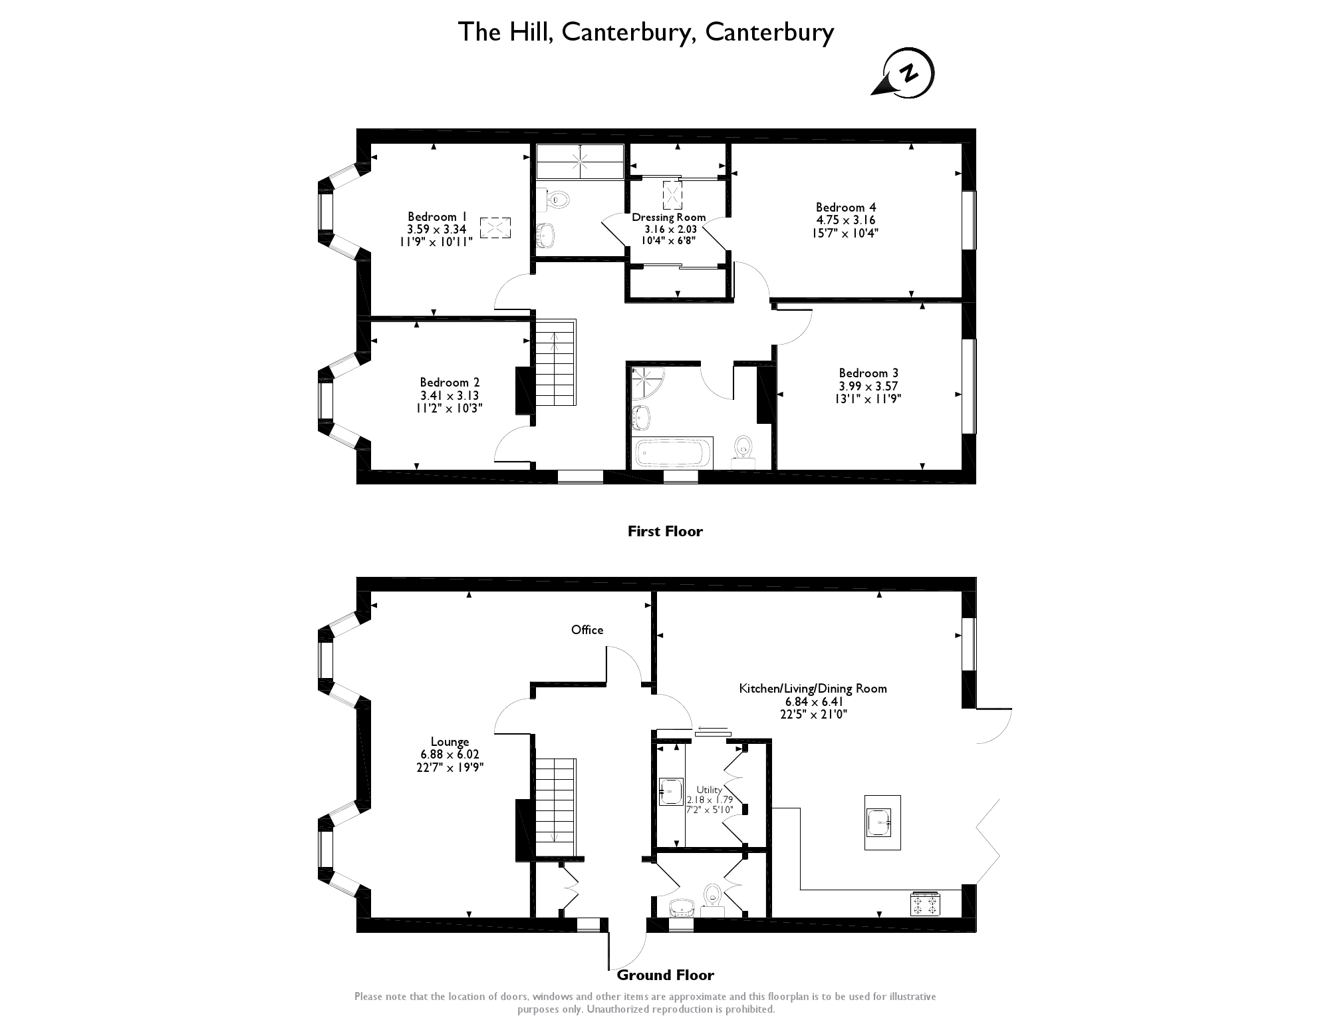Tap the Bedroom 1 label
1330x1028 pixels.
point(437,217)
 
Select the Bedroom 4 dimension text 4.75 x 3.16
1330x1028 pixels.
point(845,220)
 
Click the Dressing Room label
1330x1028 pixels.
point(668,218)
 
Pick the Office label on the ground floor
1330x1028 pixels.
point(587,629)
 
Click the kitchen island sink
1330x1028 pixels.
point(882,822)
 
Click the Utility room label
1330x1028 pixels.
point(709,790)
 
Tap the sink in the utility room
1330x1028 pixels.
point(670,792)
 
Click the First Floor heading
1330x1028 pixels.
point(665,531)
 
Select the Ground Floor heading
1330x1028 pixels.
point(665,975)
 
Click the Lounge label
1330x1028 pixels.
point(450,742)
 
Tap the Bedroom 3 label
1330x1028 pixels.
point(868,373)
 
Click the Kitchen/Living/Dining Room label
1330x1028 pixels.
point(813,689)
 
